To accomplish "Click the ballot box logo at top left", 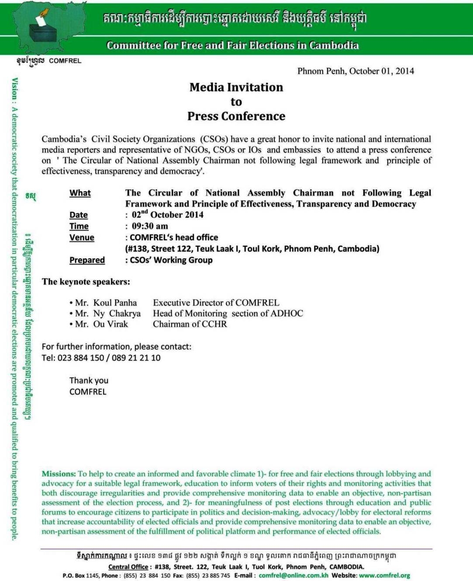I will [x=43, y=31].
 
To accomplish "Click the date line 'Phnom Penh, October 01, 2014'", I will [x=356, y=71].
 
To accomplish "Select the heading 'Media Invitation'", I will [x=236, y=87].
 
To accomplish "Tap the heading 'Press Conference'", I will [x=236, y=116].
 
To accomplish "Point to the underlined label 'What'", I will [x=80, y=193].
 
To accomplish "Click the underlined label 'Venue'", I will [x=82, y=237].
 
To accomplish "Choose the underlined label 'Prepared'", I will [x=87, y=260].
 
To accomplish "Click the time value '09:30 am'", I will [x=150, y=226].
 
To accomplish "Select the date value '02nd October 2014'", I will [x=167, y=215].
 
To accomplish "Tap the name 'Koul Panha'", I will [x=115, y=303].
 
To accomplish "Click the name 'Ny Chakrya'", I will [x=117, y=313].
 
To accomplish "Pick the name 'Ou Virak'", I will [x=110, y=324].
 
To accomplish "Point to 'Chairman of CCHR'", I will [x=190, y=324].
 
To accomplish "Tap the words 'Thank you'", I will [x=89, y=381].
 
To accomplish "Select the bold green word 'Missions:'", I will [x=59, y=474].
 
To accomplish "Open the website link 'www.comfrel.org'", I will [x=384, y=576].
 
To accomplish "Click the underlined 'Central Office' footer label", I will [x=128, y=567].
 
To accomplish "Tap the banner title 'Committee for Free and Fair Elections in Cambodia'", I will [x=233, y=45].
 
